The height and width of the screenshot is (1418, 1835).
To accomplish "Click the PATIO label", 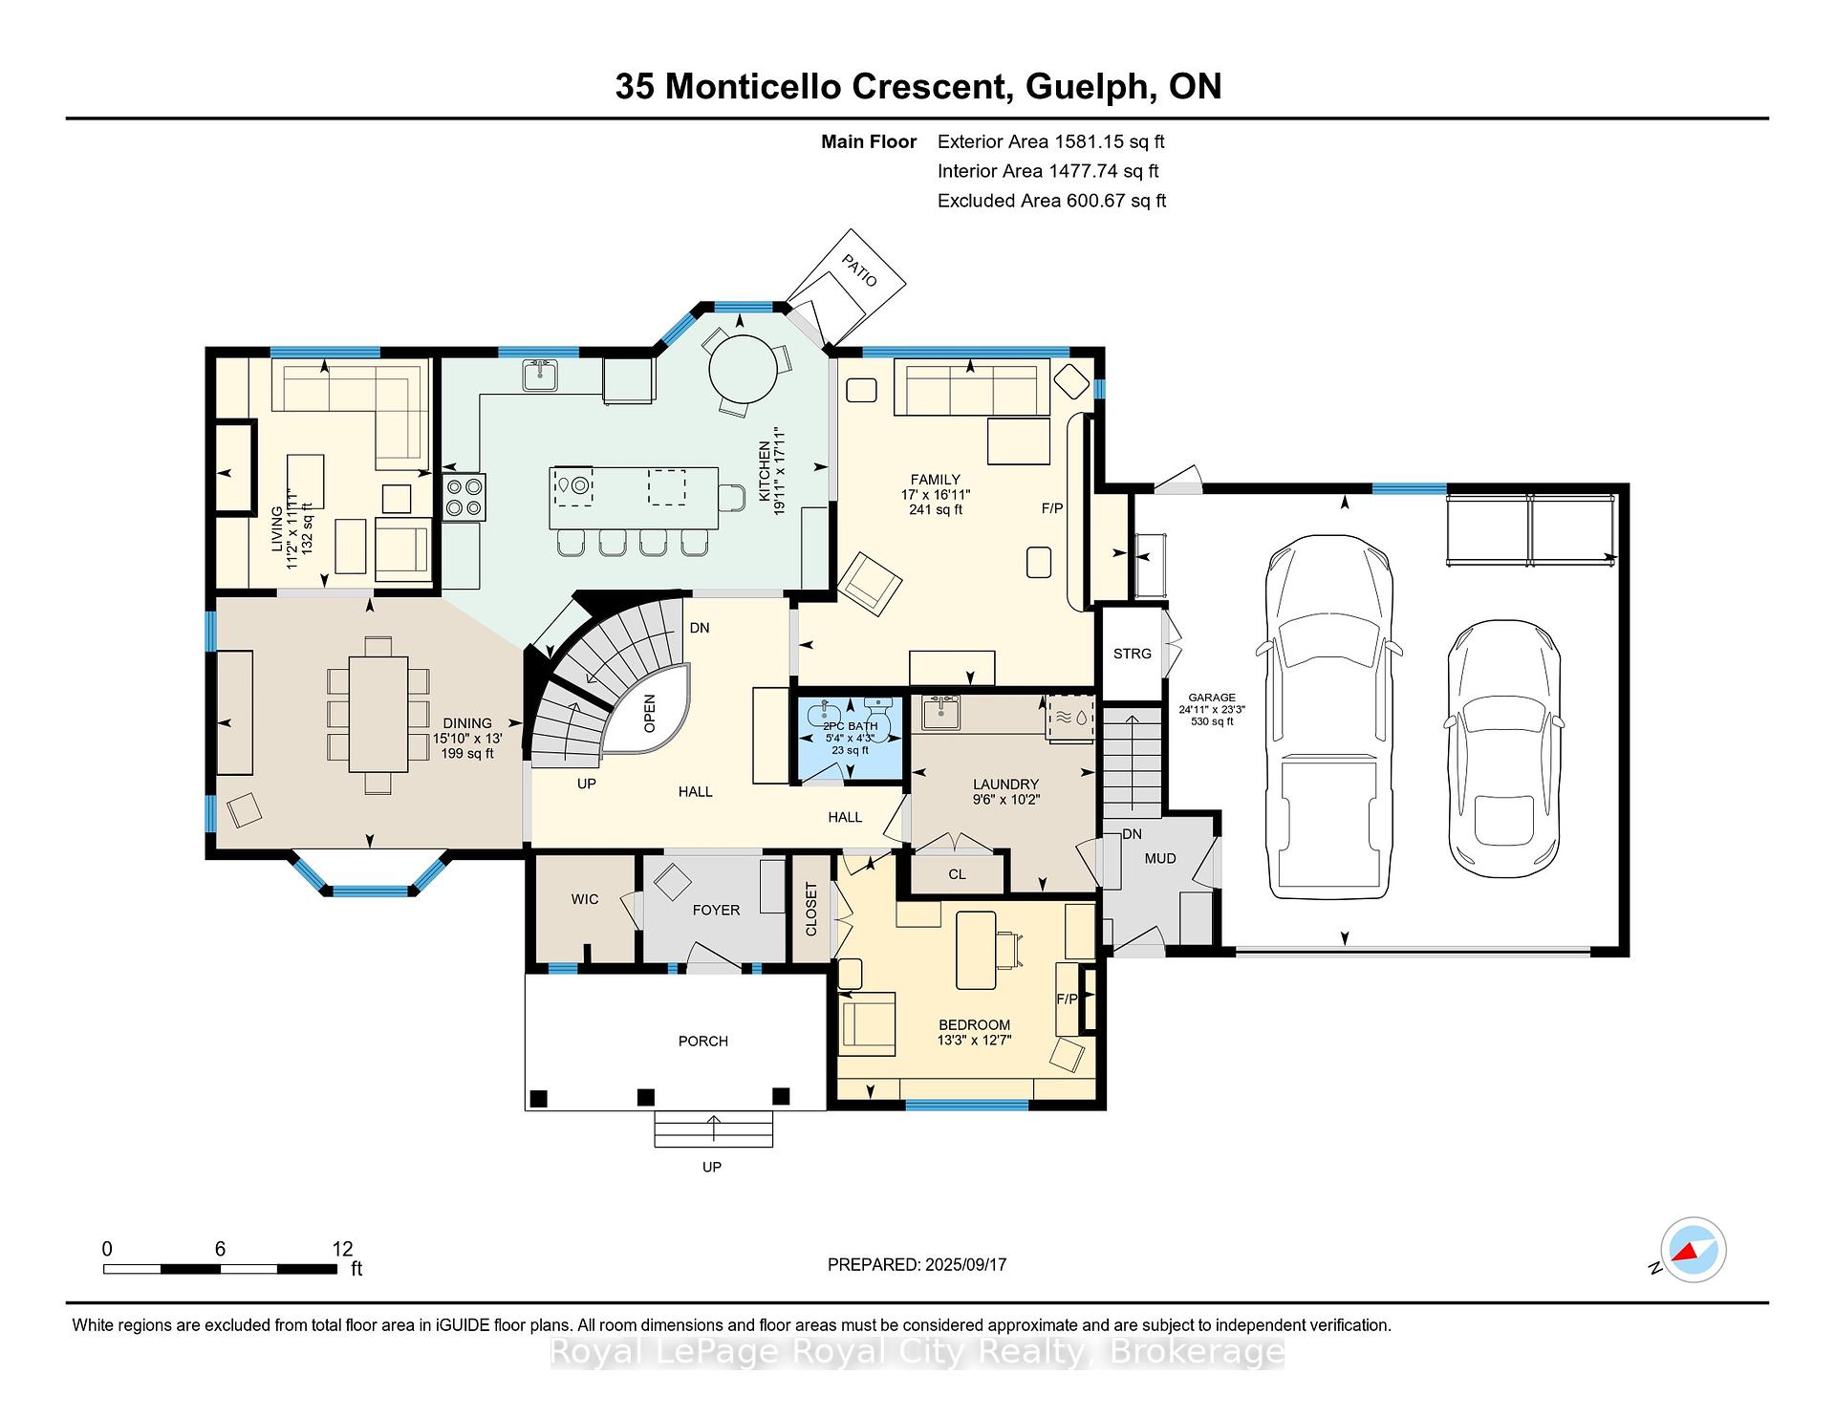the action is pyautogui.click(x=859, y=270).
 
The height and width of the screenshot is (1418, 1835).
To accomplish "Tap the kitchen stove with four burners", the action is pyautogui.click(x=464, y=497).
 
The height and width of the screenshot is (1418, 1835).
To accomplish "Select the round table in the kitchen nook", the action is pyautogui.click(x=743, y=370).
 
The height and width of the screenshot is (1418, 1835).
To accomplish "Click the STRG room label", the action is pyautogui.click(x=1133, y=654).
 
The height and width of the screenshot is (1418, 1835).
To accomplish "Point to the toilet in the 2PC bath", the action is pyautogui.click(x=877, y=716).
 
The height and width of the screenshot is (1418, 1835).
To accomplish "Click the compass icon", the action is pyautogui.click(x=1694, y=1250).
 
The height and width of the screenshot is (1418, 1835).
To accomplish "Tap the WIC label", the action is pyautogui.click(x=585, y=899).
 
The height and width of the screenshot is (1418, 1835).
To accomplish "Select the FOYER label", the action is pyautogui.click(x=716, y=911).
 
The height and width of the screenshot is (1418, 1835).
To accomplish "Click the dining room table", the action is pyautogui.click(x=378, y=714).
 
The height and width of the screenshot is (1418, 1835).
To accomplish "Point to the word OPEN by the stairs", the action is pyautogui.click(x=650, y=713).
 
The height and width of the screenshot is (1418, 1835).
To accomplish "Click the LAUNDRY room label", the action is pyautogui.click(x=1005, y=784).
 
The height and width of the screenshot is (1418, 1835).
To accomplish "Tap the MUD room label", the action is pyautogui.click(x=1160, y=859).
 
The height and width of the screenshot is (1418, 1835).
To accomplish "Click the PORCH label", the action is pyautogui.click(x=703, y=1042).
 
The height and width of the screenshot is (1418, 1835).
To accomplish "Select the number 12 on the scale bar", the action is pyautogui.click(x=342, y=1249).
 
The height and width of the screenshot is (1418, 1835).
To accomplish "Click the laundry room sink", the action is pyautogui.click(x=941, y=712).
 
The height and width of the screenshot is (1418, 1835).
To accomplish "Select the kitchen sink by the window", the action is pyautogui.click(x=541, y=376).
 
